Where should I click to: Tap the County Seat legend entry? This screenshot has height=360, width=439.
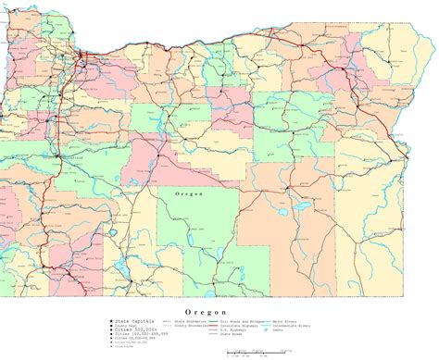point(126,326)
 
